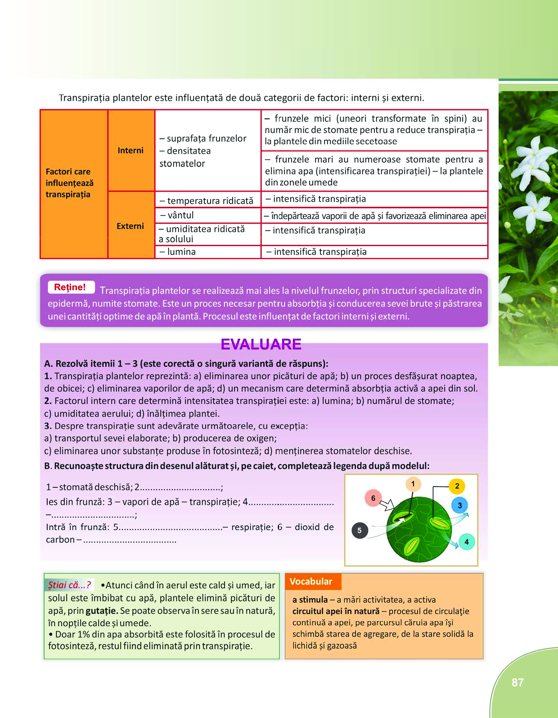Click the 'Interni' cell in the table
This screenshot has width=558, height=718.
(130, 150)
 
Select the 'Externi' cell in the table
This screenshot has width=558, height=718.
(130, 226)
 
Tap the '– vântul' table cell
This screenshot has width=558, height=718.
(208, 215)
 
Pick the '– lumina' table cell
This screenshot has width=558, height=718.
(208, 252)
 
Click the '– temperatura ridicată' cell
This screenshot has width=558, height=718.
(208, 200)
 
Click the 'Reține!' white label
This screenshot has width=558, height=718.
(71, 287)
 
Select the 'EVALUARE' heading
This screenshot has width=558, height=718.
(261, 344)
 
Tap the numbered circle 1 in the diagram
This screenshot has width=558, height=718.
(413, 484)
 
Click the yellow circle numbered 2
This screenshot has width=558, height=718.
(457, 486)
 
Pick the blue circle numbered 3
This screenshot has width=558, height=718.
(459, 505)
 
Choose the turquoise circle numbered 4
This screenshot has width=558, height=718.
(466, 542)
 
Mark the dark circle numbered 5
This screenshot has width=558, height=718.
(359, 531)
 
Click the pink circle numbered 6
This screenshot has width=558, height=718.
(373, 498)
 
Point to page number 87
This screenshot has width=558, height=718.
(517, 682)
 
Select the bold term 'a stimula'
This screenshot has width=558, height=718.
(310, 600)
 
